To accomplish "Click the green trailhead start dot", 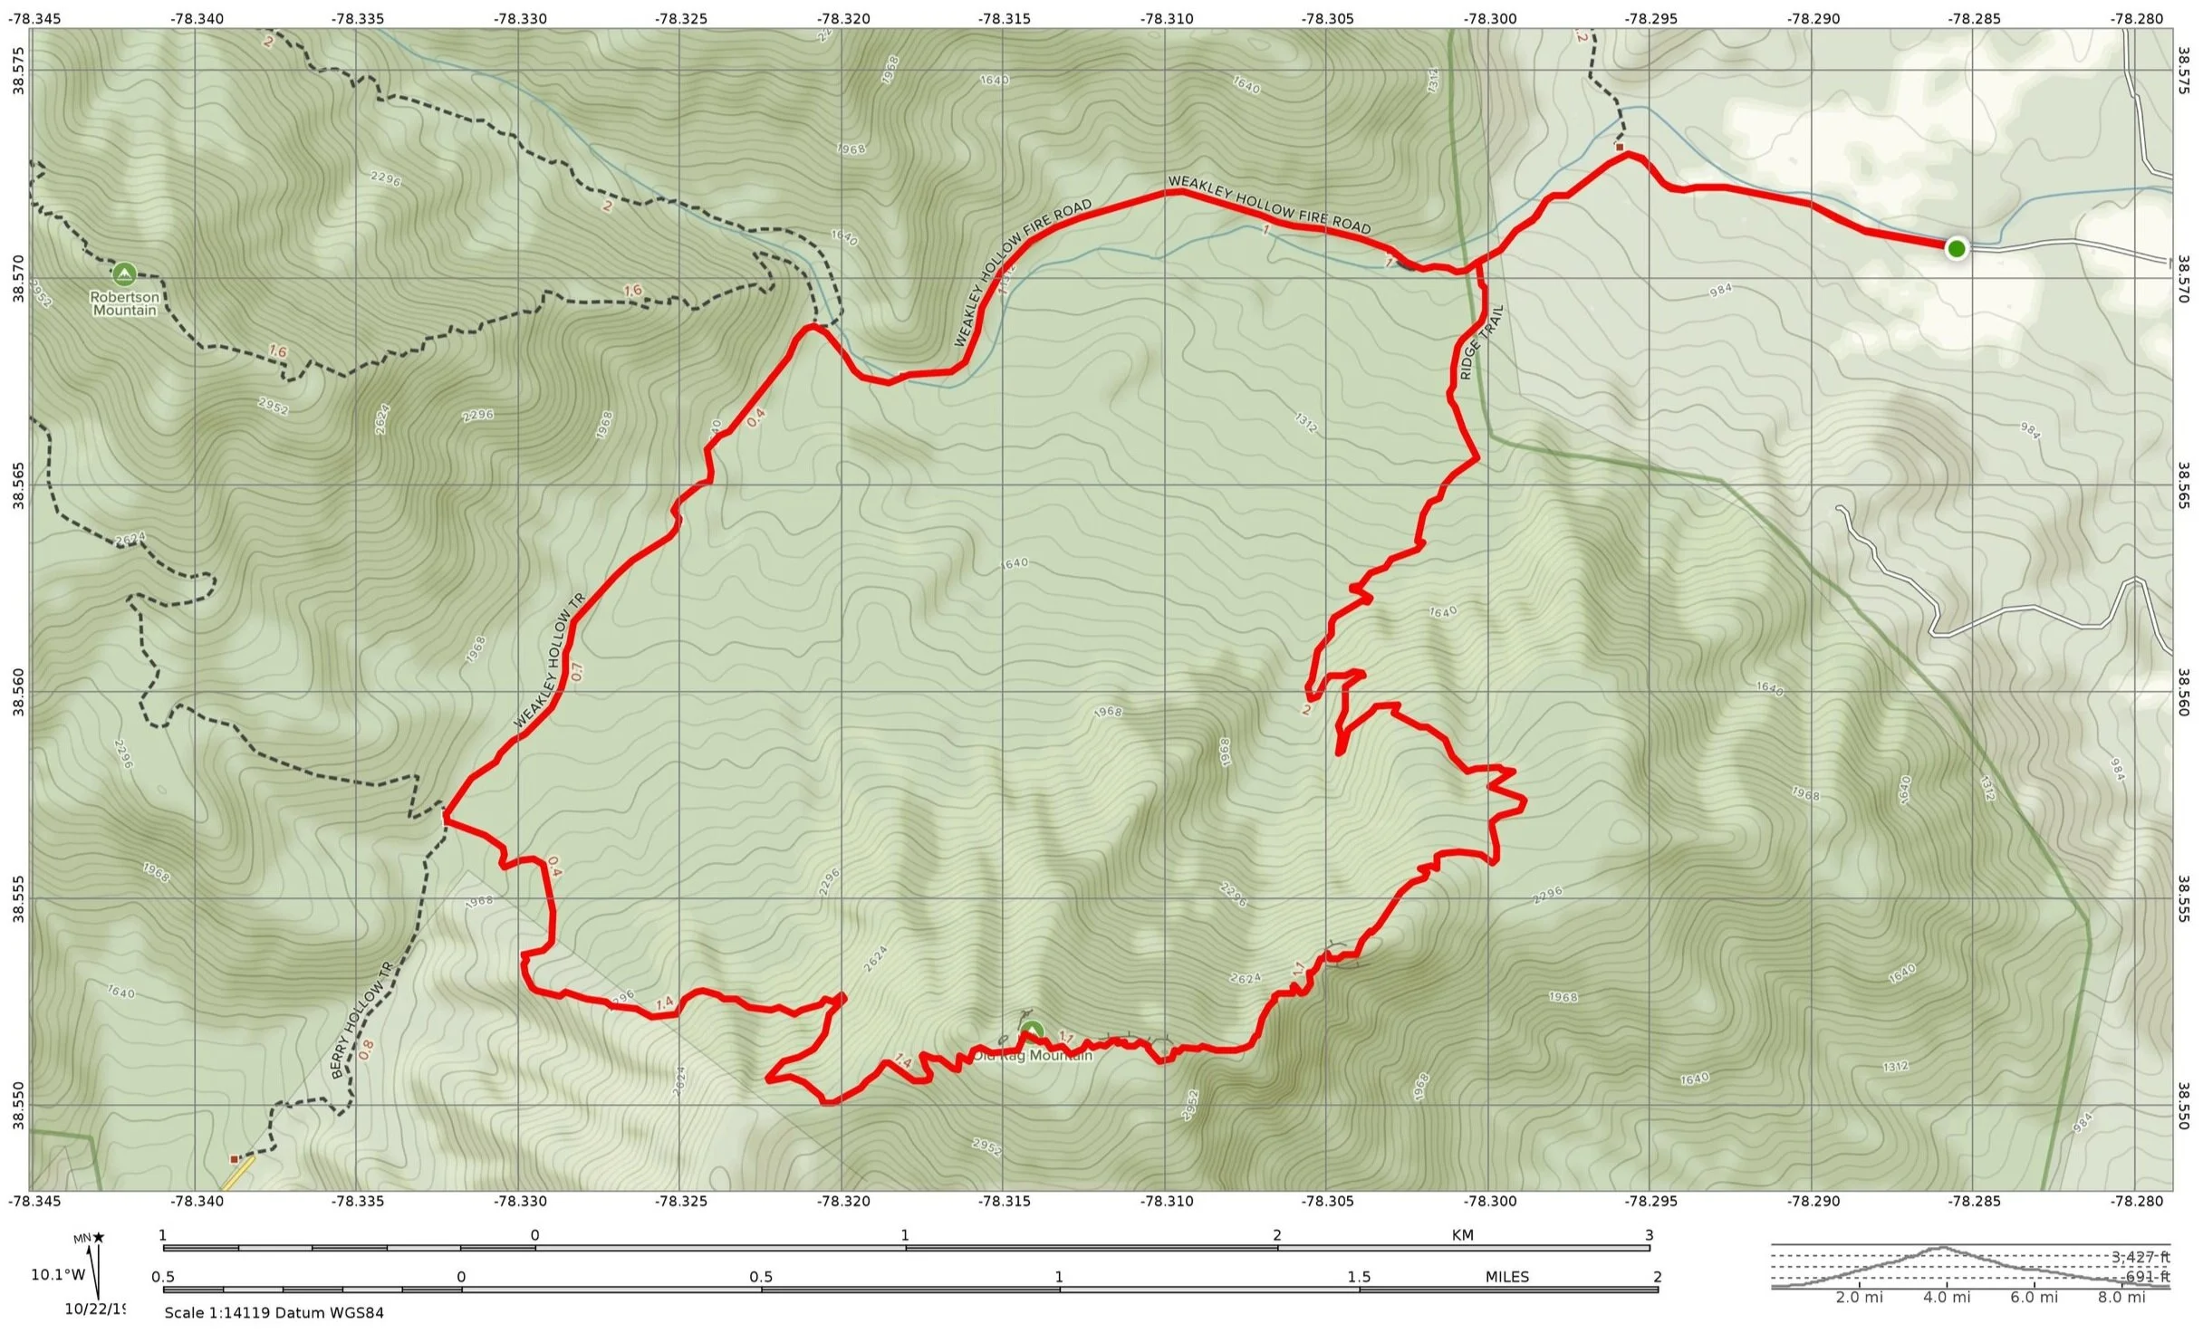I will (x=1956, y=248).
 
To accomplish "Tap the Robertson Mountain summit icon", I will (x=124, y=273).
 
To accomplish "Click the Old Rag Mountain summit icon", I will (x=1033, y=1031).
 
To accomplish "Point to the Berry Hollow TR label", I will (x=362, y=1021).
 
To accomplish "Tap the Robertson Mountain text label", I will (x=124, y=303).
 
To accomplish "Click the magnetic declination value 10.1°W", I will (x=57, y=1275).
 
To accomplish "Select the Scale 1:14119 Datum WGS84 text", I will (x=274, y=1313).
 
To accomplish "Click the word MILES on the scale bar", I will (x=1506, y=1277).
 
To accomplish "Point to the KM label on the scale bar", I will (x=1462, y=1235).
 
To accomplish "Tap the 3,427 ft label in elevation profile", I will (x=2140, y=1257).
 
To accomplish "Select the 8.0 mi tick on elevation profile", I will (x=2122, y=1298).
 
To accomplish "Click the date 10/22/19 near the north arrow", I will (x=94, y=1309).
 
